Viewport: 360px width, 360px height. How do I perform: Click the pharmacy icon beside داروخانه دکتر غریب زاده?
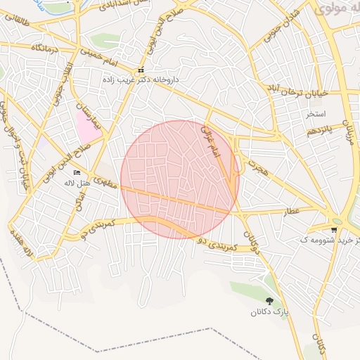(x=141, y=71)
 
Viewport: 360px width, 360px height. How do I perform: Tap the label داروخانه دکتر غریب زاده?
(x=149, y=80)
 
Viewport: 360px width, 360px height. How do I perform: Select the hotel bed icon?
(x=77, y=172)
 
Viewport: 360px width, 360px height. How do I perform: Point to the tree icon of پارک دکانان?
(x=270, y=301)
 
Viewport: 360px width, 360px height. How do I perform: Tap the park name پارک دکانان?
(x=271, y=311)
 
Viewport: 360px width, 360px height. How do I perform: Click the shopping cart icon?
(x=334, y=229)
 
